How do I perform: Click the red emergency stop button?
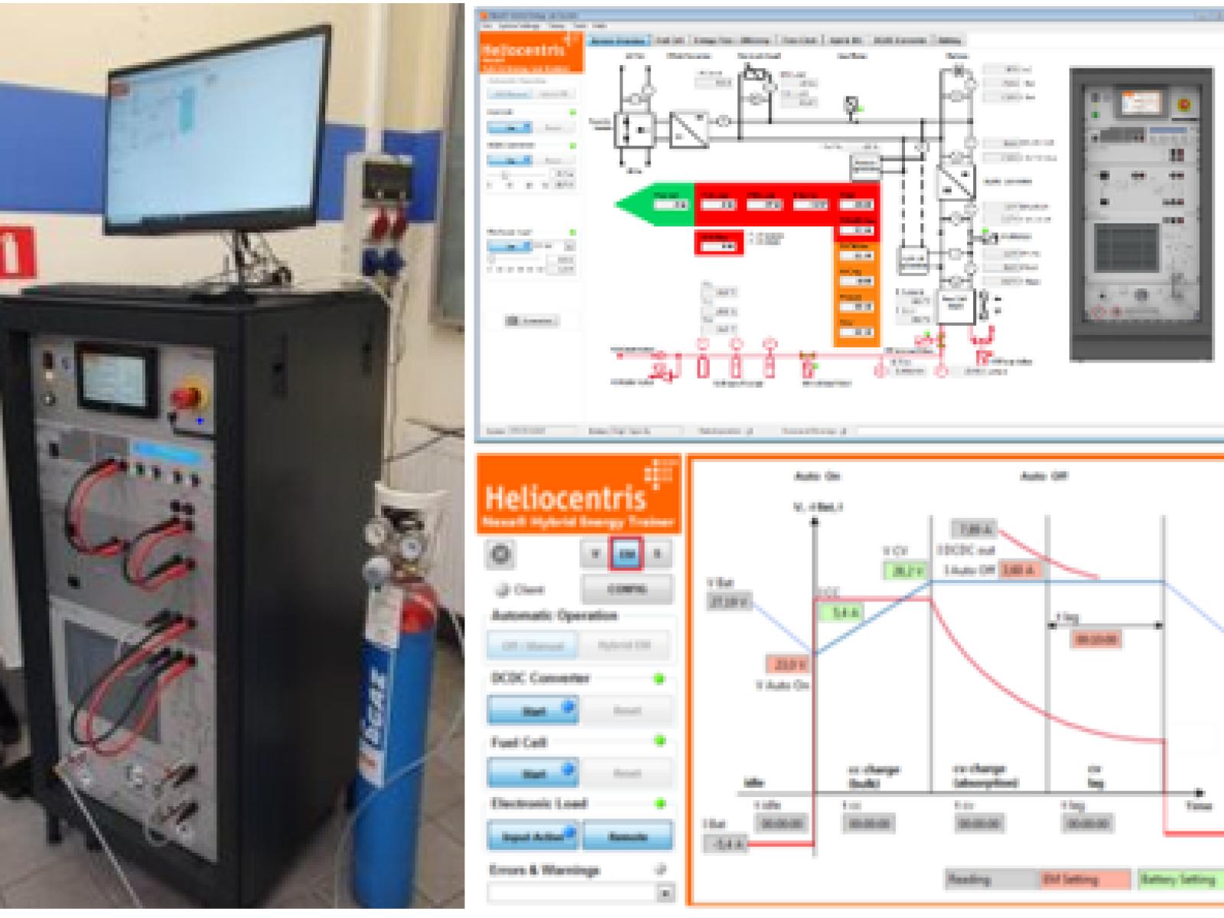click(186, 397)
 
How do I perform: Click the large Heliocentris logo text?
click(565, 497)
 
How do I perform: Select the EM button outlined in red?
click(627, 554)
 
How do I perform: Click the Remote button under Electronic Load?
click(627, 836)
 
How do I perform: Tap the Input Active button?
click(532, 836)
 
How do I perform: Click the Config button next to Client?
click(627, 589)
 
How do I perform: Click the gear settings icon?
click(501, 554)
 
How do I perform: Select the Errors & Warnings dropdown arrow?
click(665, 893)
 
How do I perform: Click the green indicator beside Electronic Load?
click(660, 803)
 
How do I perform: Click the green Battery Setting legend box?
click(1179, 880)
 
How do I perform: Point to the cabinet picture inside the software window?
click(1141, 214)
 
